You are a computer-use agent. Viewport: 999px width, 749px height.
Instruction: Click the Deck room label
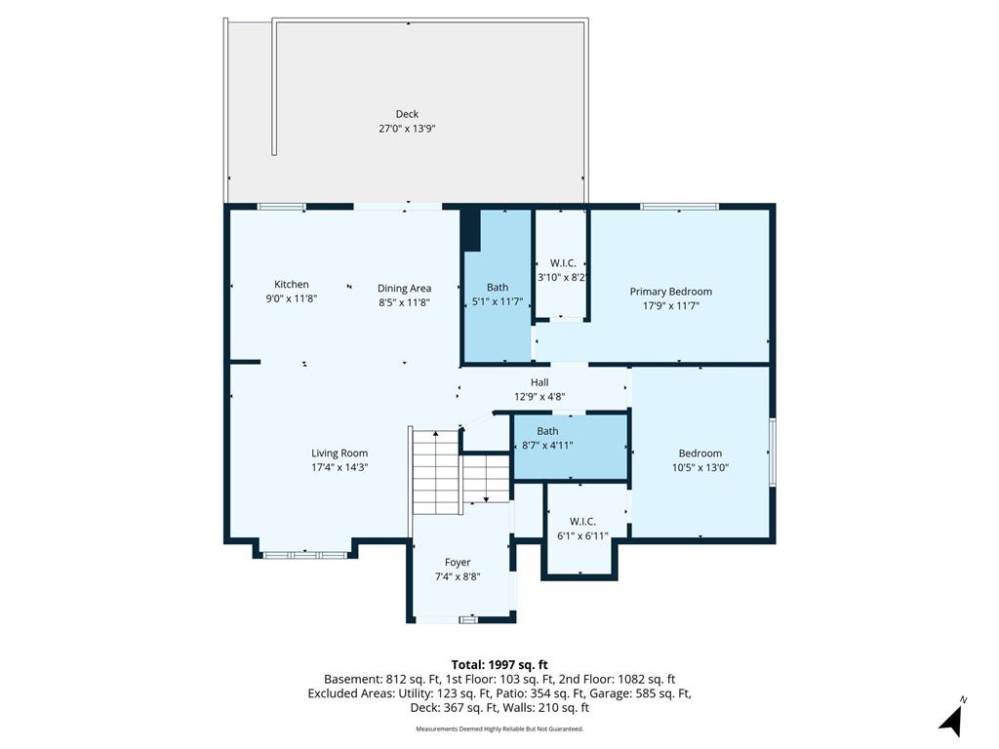tap(407, 114)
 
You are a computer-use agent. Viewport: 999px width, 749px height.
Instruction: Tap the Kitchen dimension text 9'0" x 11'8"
tap(291, 298)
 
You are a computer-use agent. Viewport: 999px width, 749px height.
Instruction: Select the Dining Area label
tap(404, 289)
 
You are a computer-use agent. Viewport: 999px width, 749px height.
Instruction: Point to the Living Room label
tap(340, 453)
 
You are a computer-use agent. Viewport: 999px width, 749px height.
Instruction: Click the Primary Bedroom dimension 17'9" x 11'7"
tap(671, 305)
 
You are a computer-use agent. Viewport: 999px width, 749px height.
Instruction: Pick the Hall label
tap(539, 382)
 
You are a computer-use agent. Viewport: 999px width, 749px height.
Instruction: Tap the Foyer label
tap(458, 563)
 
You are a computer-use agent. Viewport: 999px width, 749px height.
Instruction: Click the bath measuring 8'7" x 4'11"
tap(572, 447)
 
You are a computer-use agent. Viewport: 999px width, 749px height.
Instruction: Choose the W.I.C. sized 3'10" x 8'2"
tap(561, 263)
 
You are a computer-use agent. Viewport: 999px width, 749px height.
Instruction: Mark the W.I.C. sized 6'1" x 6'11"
tap(583, 529)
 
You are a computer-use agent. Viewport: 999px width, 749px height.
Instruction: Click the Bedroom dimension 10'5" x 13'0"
tap(700, 467)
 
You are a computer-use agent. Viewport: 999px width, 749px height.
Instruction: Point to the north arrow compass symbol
tap(952, 719)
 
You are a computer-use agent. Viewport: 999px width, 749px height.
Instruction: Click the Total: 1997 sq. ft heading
tap(499, 665)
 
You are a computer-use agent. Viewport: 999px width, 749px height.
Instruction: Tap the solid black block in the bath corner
tap(470, 230)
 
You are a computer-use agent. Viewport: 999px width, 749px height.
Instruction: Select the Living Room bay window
tap(304, 555)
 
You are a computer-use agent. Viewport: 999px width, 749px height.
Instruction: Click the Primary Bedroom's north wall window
tap(679, 207)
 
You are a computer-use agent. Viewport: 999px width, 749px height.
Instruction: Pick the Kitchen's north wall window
tap(281, 207)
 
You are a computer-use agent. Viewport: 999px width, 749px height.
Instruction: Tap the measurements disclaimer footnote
tap(499, 729)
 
